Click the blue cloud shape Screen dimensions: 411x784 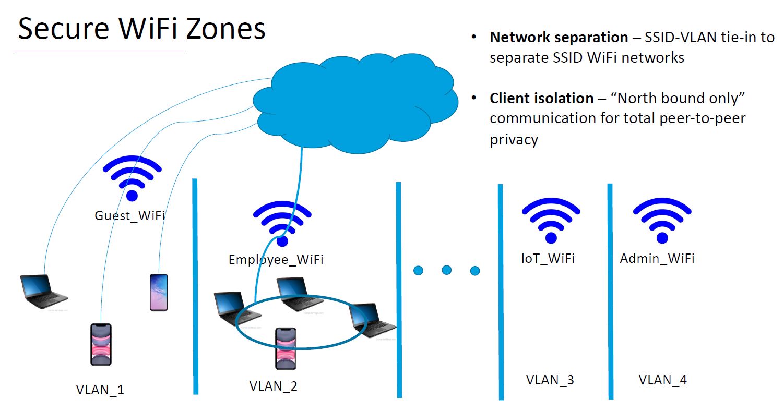(355, 104)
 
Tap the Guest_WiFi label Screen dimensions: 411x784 (129, 215)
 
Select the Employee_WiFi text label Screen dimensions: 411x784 (276, 259)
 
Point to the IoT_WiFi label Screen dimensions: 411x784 (548, 258)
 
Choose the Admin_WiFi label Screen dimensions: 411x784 (657, 258)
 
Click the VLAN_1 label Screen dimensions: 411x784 (100, 390)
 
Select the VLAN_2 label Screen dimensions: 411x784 (274, 386)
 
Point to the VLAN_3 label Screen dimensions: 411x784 (550, 380)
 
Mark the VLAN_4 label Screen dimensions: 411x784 (662, 380)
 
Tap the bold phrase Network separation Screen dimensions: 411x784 (559, 38)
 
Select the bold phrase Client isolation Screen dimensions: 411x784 (541, 98)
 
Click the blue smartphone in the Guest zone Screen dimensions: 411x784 (159, 292)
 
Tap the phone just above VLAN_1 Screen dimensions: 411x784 (101, 344)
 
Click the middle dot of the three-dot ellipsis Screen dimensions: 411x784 (446, 270)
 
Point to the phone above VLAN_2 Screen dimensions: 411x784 (286, 348)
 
